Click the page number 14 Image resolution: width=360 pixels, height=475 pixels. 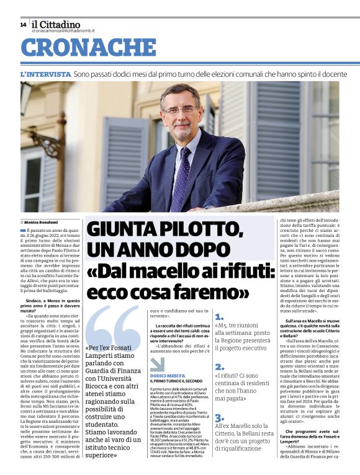pyautogui.click(x=23, y=24)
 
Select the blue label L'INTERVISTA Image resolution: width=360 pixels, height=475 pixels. pyautogui.click(x=45, y=74)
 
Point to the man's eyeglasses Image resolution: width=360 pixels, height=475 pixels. pyautogui.click(x=180, y=112)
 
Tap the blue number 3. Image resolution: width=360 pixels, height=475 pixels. pyautogui.click(x=219, y=418)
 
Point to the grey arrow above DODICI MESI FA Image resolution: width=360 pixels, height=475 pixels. pyautogui.click(x=157, y=363)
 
